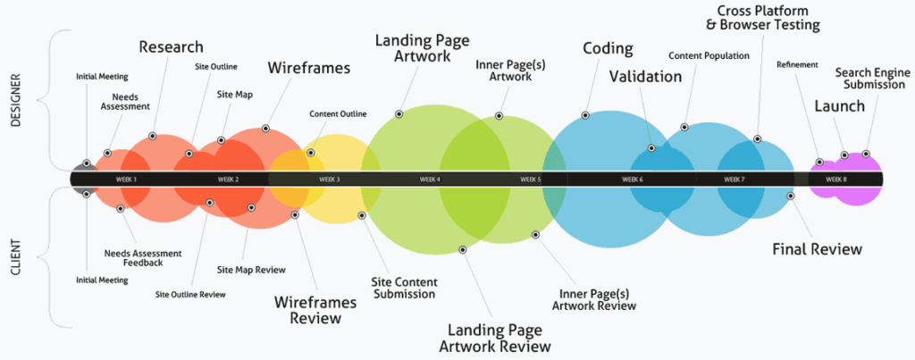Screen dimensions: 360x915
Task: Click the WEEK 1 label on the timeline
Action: (x=126, y=180)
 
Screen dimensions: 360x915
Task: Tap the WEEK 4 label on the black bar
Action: (x=430, y=180)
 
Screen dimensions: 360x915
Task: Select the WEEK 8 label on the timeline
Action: (x=836, y=180)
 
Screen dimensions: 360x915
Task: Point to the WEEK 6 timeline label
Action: (x=633, y=180)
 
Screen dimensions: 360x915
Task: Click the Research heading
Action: (x=171, y=46)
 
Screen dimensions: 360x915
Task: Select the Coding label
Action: (x=608, y=48)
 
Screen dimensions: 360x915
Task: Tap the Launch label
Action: (x=839, y=106)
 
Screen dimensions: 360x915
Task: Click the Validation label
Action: (x=645, y=76)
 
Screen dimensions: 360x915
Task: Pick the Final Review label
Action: (x=817, y=248)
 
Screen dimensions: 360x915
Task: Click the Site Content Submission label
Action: (x=405, y=288)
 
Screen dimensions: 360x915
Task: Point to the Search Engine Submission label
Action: (x=866, y=78)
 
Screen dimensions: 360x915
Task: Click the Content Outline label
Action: (x=337, y=114)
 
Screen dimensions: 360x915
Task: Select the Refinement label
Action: (x=797, y=64)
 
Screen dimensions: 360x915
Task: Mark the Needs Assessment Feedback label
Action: (x=133, y=257)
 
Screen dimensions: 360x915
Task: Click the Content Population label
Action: (x=708, y=55)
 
